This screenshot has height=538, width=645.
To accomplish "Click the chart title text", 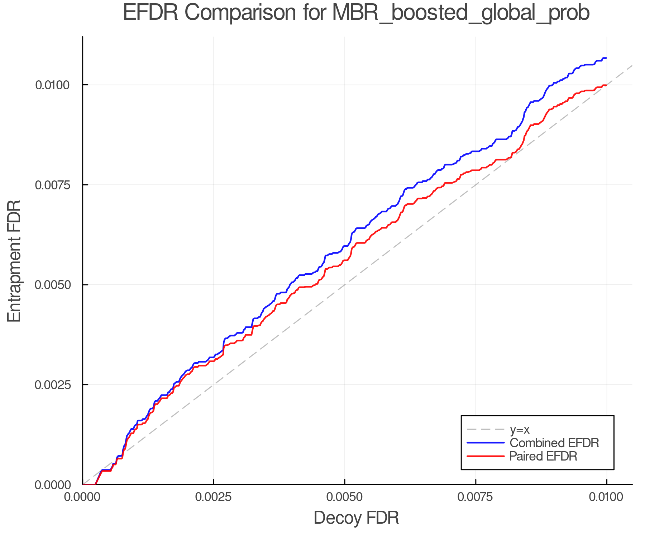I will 356,13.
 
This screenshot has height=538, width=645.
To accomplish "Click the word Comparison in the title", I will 240,13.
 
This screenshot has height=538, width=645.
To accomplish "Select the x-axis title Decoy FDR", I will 356,518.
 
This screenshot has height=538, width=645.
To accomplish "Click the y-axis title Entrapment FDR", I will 14,261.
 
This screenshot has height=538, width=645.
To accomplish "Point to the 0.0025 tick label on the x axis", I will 214,497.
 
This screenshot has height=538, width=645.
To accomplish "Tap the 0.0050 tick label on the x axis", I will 344,497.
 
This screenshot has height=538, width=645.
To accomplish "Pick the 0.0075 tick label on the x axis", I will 476,497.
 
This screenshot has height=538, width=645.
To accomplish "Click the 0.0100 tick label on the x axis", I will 606,497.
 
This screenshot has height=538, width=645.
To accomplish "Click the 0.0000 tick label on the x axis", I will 83,497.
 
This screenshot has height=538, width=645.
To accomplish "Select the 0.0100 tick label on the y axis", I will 52,85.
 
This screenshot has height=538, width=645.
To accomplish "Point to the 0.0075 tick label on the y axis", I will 52,185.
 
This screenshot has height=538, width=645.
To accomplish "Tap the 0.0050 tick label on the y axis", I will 52,285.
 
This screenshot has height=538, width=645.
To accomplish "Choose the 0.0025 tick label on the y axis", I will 52,385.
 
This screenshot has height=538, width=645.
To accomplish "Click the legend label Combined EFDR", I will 554,443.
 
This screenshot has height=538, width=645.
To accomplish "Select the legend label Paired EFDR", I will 543,456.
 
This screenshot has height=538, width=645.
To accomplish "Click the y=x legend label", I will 519,430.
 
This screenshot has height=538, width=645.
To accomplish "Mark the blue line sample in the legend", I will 486,443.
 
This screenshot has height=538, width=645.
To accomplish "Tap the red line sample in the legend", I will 486,456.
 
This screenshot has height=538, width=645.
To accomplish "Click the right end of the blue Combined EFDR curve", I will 606,58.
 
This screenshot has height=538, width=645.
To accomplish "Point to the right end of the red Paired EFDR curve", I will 606,85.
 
